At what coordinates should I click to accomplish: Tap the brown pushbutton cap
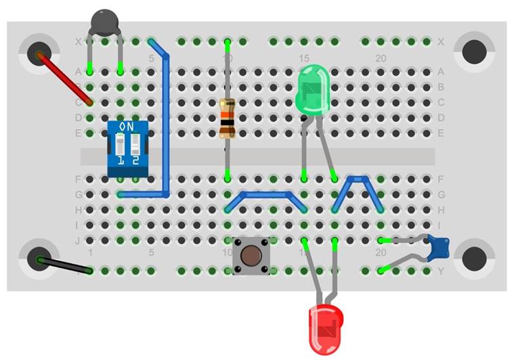(251, 256)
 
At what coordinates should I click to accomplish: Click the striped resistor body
(228, 118)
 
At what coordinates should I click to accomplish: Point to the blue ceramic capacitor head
(440, 248)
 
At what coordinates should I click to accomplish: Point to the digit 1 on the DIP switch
(120, 160)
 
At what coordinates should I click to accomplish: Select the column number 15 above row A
(304, 59)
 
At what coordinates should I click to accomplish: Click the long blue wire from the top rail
(167, 122)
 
